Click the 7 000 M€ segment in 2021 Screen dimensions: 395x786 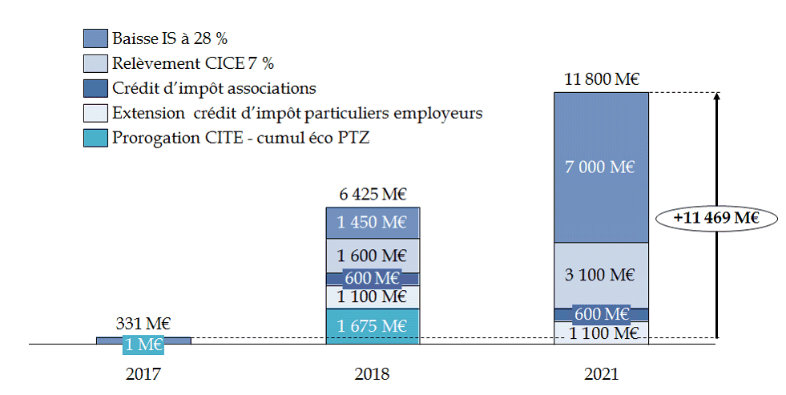click(x=601, y=167)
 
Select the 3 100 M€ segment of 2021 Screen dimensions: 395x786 click(x=601, y=275)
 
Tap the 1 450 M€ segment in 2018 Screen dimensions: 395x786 click(x=372, y=223)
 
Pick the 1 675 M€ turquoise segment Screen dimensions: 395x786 click(x=372, y=326)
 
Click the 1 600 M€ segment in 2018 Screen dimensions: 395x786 click(x=372, y=256)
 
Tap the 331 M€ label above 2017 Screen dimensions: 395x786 click(x=143, y=324)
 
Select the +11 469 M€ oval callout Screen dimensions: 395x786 click(x=715, y=217)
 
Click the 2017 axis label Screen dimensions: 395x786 click(x=143, y=374)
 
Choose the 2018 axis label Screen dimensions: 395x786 click(x=372, y=374)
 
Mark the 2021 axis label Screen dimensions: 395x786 click(x=601, y=374)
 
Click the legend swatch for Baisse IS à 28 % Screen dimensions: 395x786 click(x=95, y=38)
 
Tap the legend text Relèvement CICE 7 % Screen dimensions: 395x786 click(x=199, y=62)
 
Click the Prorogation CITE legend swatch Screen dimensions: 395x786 click(x=95, y=138)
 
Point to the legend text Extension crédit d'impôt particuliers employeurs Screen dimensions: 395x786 click(x=297, y=113)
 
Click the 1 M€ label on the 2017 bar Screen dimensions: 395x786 click(x=143, y=345)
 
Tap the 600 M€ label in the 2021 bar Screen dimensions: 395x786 click(x=601, y=314)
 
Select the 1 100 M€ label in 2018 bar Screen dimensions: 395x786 click(x=372, y=296)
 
